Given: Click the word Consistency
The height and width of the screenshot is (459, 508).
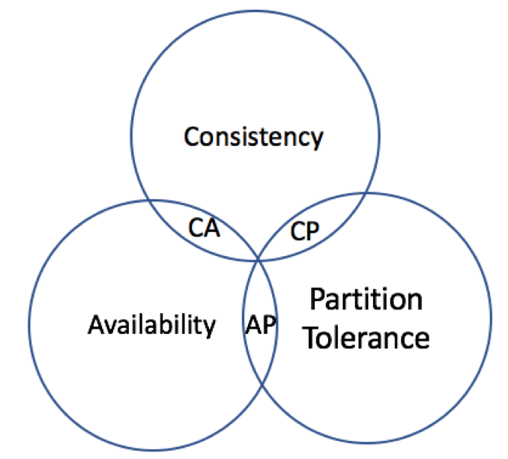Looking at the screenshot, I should (x=253, y=138).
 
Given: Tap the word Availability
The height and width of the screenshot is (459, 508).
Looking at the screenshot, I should (x=151, y=325).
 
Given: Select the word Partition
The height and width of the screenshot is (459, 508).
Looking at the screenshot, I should (x=366, y=301).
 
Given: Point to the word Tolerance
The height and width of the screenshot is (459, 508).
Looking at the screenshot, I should (x=369, y=338).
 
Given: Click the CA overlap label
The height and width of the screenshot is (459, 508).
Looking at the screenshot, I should (x=204, y=228).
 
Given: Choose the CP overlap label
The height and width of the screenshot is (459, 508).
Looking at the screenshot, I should (x=304, y=231).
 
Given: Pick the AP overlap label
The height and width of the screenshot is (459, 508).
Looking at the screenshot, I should (x=260, y=325).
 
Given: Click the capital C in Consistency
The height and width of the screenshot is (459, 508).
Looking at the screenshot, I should (x=191, y=138).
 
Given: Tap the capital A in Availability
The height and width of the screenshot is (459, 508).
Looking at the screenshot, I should (x=95, y=325).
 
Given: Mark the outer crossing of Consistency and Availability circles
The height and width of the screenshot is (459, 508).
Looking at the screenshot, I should (x=147, y=200).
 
